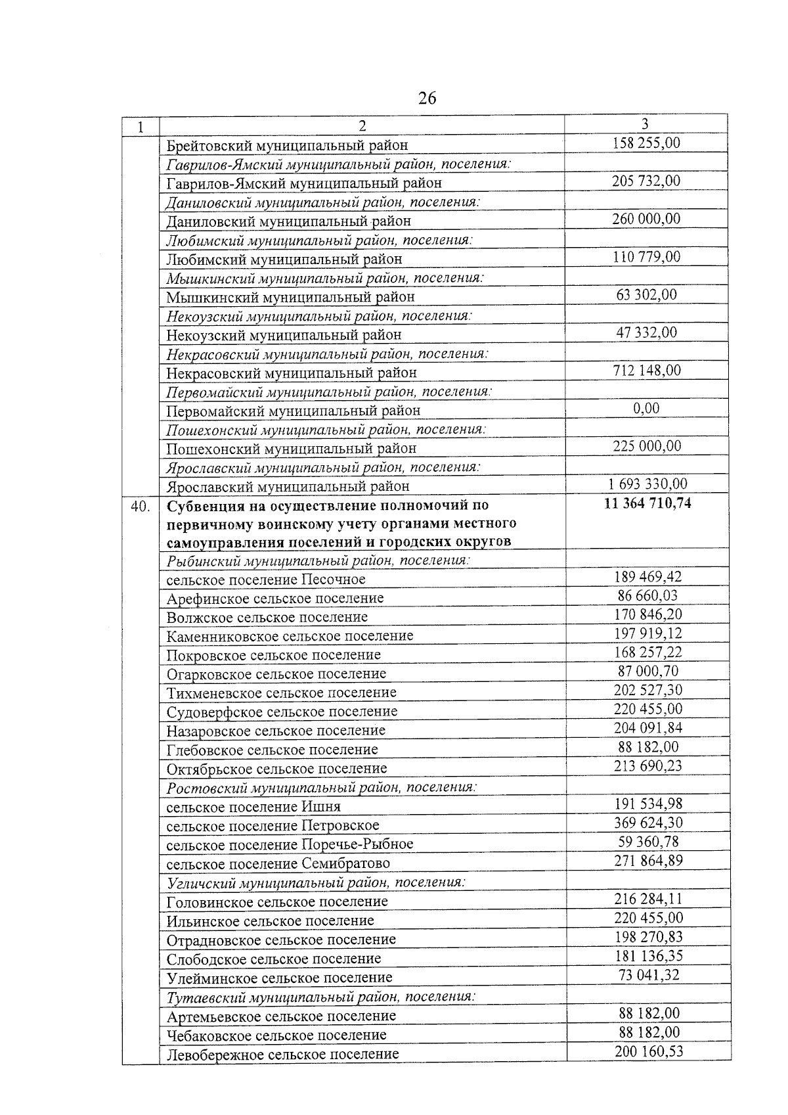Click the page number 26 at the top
click(x=426, y=99)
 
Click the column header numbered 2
click(x=362, y=125)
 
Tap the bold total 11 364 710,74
click(x=647, y=504)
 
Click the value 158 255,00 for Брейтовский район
click(x=646, y=143)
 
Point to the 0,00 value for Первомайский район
click(x=646, y=409)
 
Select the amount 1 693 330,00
click(x=647, y=484)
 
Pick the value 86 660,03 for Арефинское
click(x=647, y=596)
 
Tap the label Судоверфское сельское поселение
click(x=282, y=712)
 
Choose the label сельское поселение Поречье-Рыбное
click(x=290, y=844)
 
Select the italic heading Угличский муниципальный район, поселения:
click(x=316, y=882)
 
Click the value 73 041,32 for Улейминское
click(x=649, y=975)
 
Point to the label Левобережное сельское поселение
click(x=282, y=1055)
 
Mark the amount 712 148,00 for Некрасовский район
click(x=647, y=371)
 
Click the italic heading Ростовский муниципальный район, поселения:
click(x=321, y=787)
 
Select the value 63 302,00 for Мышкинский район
click(x=646, y=294)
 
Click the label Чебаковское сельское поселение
click(x=276, y=1035)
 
